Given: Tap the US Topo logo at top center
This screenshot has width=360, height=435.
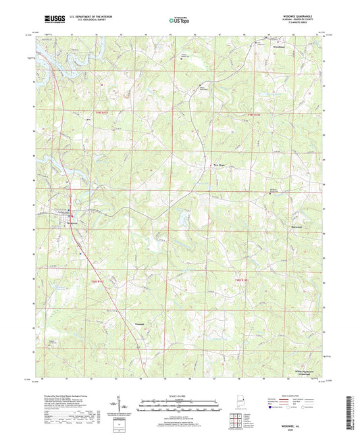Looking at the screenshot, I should coord(176,22).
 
